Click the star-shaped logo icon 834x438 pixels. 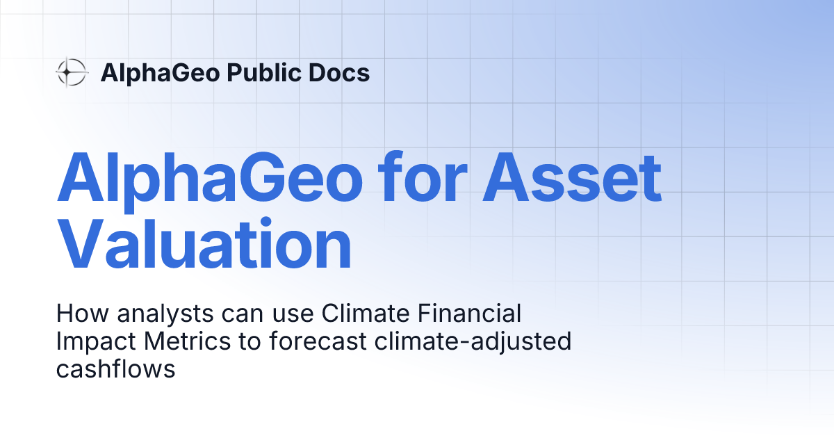72,72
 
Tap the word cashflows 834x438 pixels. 115,369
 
